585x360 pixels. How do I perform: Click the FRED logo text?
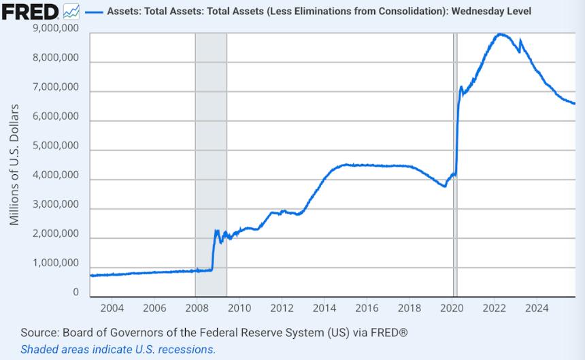30,12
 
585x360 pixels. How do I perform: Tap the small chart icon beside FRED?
71,12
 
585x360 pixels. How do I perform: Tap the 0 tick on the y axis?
76,293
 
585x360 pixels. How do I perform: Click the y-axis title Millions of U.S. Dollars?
14,165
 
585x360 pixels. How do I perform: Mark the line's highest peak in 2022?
501,33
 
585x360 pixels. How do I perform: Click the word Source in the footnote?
40,333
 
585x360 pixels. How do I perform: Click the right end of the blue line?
575,103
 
